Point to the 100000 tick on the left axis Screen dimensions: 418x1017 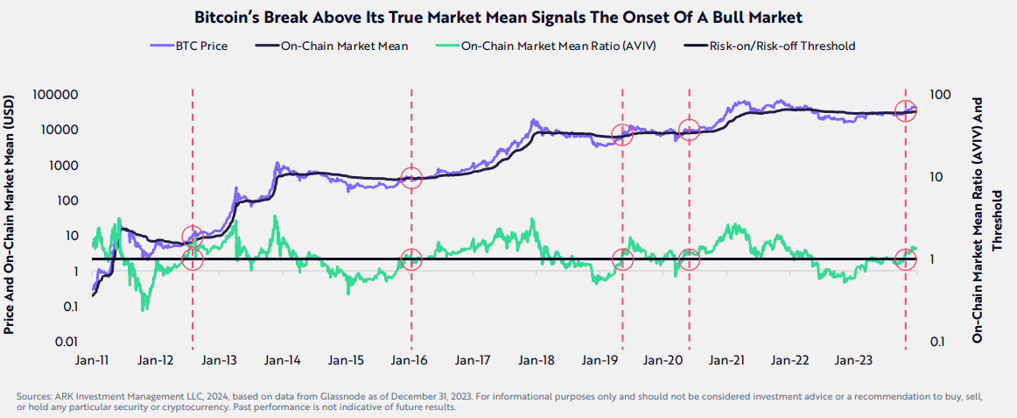(x=56, y=95)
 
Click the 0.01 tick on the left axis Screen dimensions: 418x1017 (x=67, y=342)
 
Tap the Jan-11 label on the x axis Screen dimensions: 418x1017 (x=92, y=360)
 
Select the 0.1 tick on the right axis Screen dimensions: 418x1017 (x=939, y=342)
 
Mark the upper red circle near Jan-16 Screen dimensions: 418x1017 (x=411, y=179)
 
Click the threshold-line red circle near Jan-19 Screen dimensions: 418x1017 (x=622, y=259)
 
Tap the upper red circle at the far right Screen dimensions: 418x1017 (x=906, y=110)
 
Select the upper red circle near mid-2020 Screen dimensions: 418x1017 (x=689, y=130)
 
